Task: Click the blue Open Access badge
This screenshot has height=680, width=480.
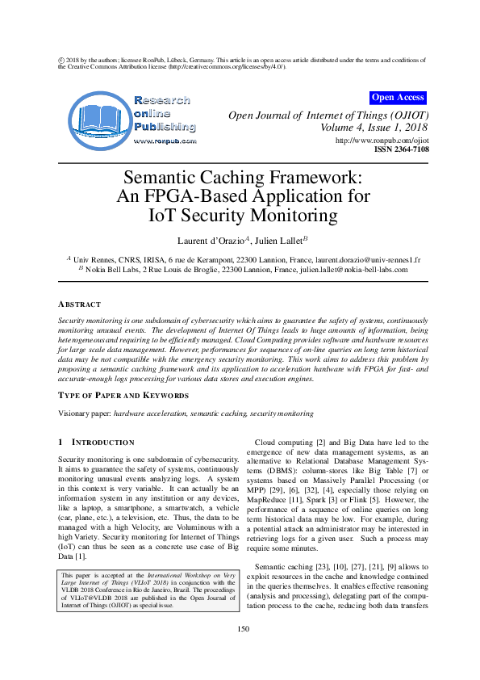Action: point(397,98)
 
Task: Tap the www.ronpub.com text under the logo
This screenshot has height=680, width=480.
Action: point(165,141)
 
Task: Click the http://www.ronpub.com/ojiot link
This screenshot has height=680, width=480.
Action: point(382,141)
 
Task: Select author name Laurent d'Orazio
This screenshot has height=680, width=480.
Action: point(210,241)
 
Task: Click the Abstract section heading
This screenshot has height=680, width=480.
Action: point(79,304)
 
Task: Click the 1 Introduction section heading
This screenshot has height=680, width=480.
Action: point(96,443)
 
